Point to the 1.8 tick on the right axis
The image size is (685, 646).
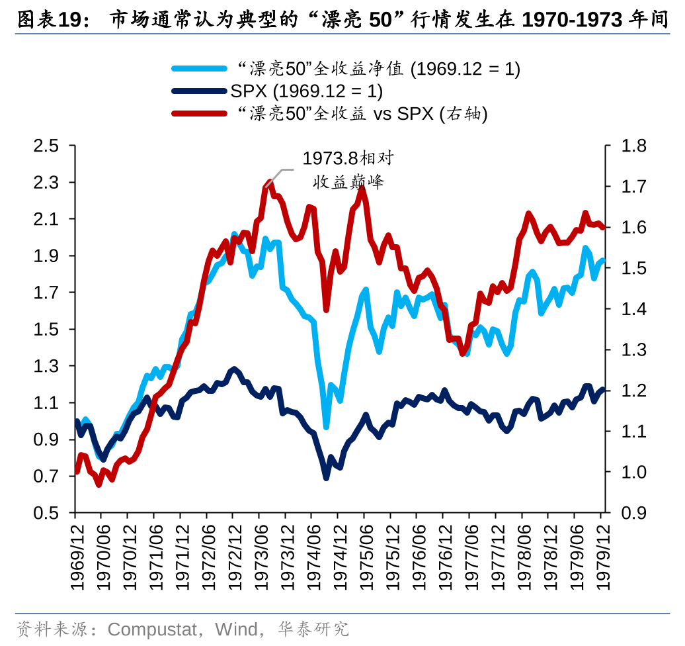[635, 146]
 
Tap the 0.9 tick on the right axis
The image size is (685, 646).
[635, 514]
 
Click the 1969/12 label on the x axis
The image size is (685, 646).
[75, 555]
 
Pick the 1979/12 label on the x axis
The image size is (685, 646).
[602, 555]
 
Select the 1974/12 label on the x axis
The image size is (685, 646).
[339, 555]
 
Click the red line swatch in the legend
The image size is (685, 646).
[199, 114]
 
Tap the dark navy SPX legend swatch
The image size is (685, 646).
[199, 91]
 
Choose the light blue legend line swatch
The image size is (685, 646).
[199, 68]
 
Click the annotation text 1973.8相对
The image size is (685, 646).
[348, 158]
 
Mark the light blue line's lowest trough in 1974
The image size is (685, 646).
[326, 427]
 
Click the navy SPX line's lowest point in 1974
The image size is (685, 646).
[326, 477]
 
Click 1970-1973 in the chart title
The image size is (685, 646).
[572, 21]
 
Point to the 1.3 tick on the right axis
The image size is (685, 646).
[635, 350]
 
